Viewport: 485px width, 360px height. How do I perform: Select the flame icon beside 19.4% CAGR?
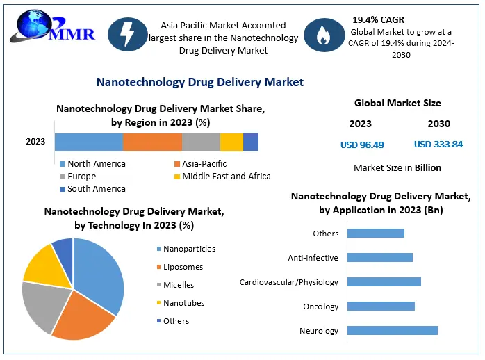[x=323, y=35]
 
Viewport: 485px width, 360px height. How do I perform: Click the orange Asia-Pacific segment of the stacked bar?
[x=152, y=142]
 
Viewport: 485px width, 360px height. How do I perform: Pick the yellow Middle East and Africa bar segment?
[x=231, y=142]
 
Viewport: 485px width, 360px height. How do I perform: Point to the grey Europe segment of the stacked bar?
[x=201, y=142]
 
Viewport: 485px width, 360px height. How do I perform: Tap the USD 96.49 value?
[x=362, y=145]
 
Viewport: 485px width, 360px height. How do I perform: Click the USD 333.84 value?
[x=438, y=145]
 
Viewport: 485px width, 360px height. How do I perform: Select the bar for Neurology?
[x=392, y=331]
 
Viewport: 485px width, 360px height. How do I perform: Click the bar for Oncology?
[x=381, y=306]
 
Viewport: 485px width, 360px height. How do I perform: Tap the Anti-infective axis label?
[x=313, y=258]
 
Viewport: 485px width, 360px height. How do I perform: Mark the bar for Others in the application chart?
[x=375, y=234]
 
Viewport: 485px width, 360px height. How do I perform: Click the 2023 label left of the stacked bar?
[x=35, y=142]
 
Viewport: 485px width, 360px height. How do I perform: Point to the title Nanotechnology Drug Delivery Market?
[x=199, y=82]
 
